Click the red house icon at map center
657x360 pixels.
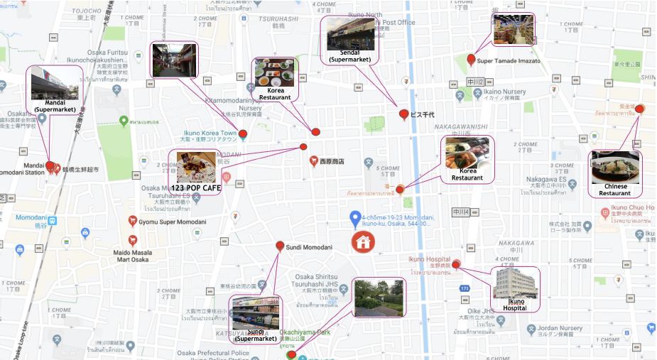click(363, 241)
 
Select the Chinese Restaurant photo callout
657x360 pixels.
click(615, 173)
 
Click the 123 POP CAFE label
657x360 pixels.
click(196, 187)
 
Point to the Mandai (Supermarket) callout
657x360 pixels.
click(55, 90)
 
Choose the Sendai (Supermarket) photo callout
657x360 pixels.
click(350, 40)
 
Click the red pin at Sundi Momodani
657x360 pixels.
click(280, 246)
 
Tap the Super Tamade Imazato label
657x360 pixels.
click(509, 61)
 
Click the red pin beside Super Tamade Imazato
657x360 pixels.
click(471, 60)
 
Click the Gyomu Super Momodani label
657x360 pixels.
click(173, 222)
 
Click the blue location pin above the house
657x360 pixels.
click(355, 217)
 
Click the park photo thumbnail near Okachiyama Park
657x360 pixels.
click(378, 298)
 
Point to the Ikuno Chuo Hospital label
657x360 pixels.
click(636, 207)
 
